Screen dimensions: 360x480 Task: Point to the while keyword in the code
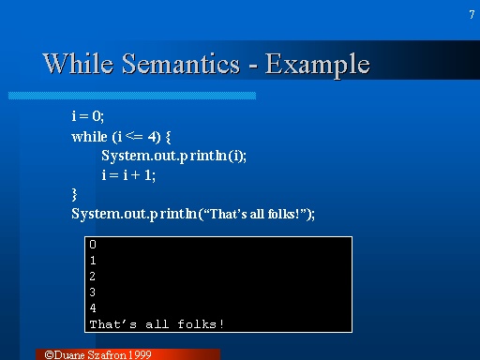tap(89, 136)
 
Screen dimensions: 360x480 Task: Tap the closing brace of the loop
tap(75, 194)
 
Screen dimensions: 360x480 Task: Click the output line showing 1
tap(92, 261)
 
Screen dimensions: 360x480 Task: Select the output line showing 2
tap(92, 277)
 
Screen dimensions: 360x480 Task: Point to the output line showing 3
tap(92, 292)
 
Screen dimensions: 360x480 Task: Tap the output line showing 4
tap(92, 308)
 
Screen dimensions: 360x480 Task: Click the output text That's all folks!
tap(157, 324)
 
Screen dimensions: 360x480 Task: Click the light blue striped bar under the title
tap(131, 96)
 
